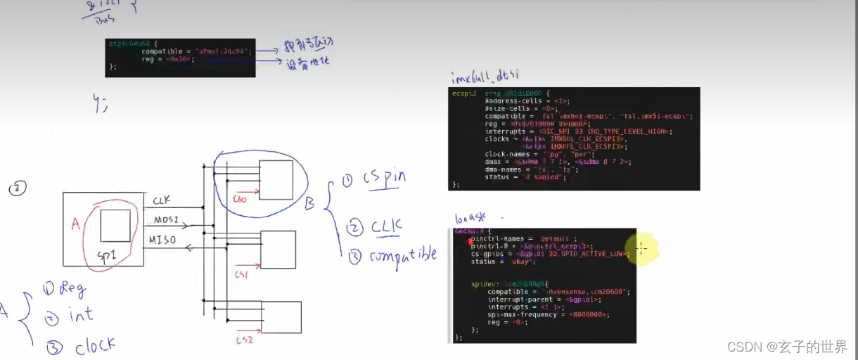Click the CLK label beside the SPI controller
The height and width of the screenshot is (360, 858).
[161, 201]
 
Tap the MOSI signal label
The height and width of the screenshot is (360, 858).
[166, 221]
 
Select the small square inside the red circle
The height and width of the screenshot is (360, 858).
[115, 226]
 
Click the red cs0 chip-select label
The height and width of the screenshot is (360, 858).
[241, 199]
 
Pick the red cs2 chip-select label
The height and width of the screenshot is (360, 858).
[244, 340]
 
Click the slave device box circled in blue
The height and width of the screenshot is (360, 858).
[276, 181]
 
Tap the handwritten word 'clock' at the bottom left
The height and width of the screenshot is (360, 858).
[94, 346]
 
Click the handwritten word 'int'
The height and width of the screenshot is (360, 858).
[80, 316]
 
